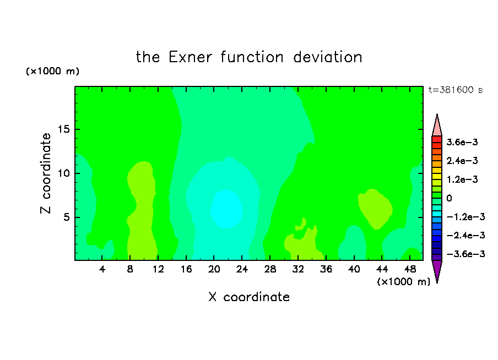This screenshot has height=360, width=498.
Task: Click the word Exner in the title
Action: [x=190, y=57]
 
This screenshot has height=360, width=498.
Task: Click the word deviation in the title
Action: [x=327, y=57]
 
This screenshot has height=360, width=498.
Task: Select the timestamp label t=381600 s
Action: [x=456, y=90]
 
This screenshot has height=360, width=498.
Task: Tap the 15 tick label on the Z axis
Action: [x=63, y=129]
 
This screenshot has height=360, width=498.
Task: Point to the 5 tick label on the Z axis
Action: [x=66, y=217]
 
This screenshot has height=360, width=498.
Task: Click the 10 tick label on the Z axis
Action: [x=63, y=173]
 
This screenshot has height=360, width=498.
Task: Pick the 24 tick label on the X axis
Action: [x=242, y=269]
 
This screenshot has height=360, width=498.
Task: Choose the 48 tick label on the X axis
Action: [x=410, y=269]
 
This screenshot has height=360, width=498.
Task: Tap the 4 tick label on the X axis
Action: [x=102, y=269]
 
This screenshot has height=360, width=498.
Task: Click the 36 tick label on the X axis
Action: [x=326, y=269]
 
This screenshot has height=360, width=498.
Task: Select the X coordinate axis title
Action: [x=249, y=297]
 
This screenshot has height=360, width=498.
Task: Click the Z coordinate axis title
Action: [x=46, y=173]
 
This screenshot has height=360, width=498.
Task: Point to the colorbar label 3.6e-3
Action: [x=462, y=142]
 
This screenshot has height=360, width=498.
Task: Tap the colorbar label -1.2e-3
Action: [x=465, y=217]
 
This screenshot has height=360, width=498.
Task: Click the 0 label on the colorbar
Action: [x=449, y=198]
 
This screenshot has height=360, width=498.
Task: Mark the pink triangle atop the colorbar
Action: [x=437, y=127]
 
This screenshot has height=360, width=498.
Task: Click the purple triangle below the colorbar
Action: [x=437, y=270]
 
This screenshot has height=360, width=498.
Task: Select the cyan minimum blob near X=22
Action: [x=226, y=209]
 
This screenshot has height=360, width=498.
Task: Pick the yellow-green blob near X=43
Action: [x=375, y=208]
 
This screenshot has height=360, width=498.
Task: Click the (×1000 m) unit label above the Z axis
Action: [x=52, y=71]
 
